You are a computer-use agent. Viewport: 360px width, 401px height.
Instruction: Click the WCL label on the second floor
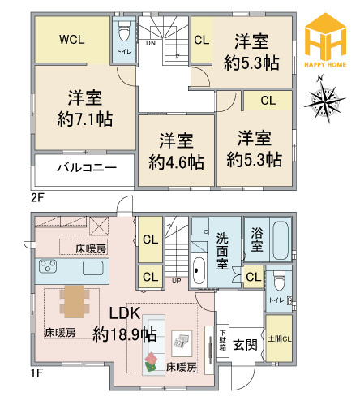[72, 40]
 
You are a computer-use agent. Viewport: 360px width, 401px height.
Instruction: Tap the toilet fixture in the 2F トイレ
[124, 30]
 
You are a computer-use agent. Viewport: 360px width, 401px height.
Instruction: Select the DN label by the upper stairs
[151, 43]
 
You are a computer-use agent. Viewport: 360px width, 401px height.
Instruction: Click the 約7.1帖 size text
[85, 119]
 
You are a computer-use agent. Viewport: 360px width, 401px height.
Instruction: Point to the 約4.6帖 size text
[176, 162]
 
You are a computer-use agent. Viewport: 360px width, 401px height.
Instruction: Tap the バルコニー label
[87, 167]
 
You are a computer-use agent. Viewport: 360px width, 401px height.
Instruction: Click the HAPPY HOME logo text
[325, 64]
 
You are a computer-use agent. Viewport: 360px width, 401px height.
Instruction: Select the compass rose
[325, 99]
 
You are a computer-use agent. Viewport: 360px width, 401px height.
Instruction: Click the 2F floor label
[37, 198]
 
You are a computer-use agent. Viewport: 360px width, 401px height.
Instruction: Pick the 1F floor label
[36, 373]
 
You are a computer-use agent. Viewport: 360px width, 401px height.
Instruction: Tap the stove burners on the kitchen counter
[48, 266]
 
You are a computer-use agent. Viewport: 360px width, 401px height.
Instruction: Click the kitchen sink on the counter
[93, 268]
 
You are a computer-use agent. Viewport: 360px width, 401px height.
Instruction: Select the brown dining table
[74, 301]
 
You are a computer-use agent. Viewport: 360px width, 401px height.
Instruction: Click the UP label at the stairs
[177, 281]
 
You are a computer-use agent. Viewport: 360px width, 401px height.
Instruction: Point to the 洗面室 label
[222, 252]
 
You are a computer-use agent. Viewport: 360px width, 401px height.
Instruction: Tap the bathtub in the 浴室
[281, 240]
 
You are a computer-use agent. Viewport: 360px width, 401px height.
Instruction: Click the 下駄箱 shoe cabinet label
[222, 340]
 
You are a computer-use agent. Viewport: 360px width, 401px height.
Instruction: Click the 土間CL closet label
[280, 338]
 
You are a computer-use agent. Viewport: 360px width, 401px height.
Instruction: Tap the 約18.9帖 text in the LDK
[125, 334]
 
